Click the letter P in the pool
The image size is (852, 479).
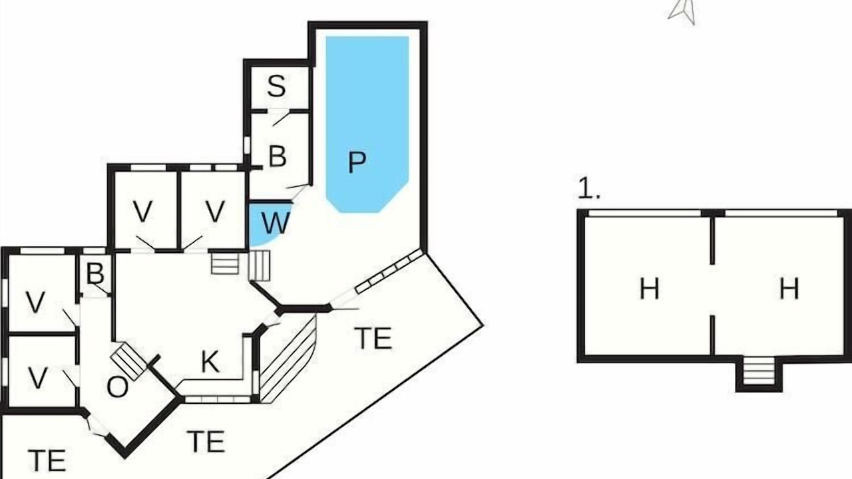pos(357,162)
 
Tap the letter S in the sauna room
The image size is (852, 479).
pos(276,86)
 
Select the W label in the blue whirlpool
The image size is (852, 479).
pos(276,223)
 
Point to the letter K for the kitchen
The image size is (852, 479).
pos(210,361)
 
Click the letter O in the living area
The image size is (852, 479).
pos(118,387)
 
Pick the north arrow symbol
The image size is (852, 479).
pos(683,12)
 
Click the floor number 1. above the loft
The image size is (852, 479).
pos(589,188)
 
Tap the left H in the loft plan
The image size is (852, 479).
pos(649,289)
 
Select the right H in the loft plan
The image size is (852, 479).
pos(789,289)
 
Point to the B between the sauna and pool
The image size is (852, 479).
pos(278,156)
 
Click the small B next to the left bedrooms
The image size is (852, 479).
pos(95,273)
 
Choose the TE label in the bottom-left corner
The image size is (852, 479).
pos(47,460)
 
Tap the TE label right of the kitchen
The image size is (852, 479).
pos(373,338)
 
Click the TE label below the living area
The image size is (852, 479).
pos(206,441)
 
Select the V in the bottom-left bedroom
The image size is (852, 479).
pos(38,379)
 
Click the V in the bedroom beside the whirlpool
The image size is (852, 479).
pos(215,211)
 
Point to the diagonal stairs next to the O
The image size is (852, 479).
pos(128,361)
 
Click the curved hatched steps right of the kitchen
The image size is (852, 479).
pos(289,359)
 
